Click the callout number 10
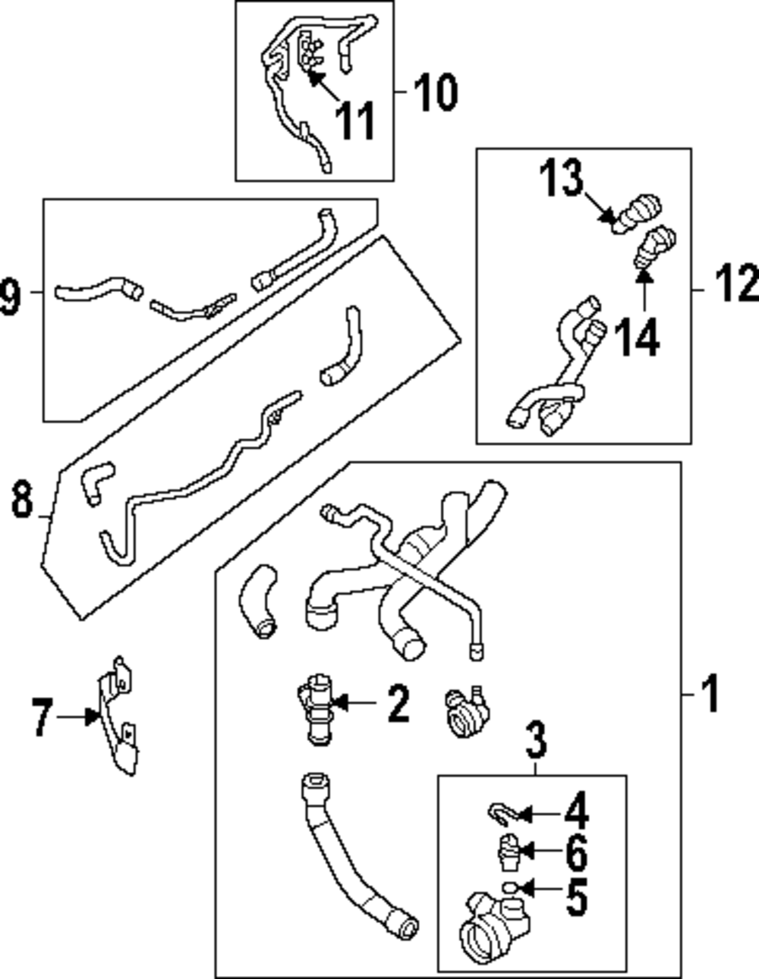(x=436, y=93)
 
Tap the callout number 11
(x=355, y=121)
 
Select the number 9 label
(x=9, y=295)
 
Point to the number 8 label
(x=22, y=500)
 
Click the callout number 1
(x=710, y=693)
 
